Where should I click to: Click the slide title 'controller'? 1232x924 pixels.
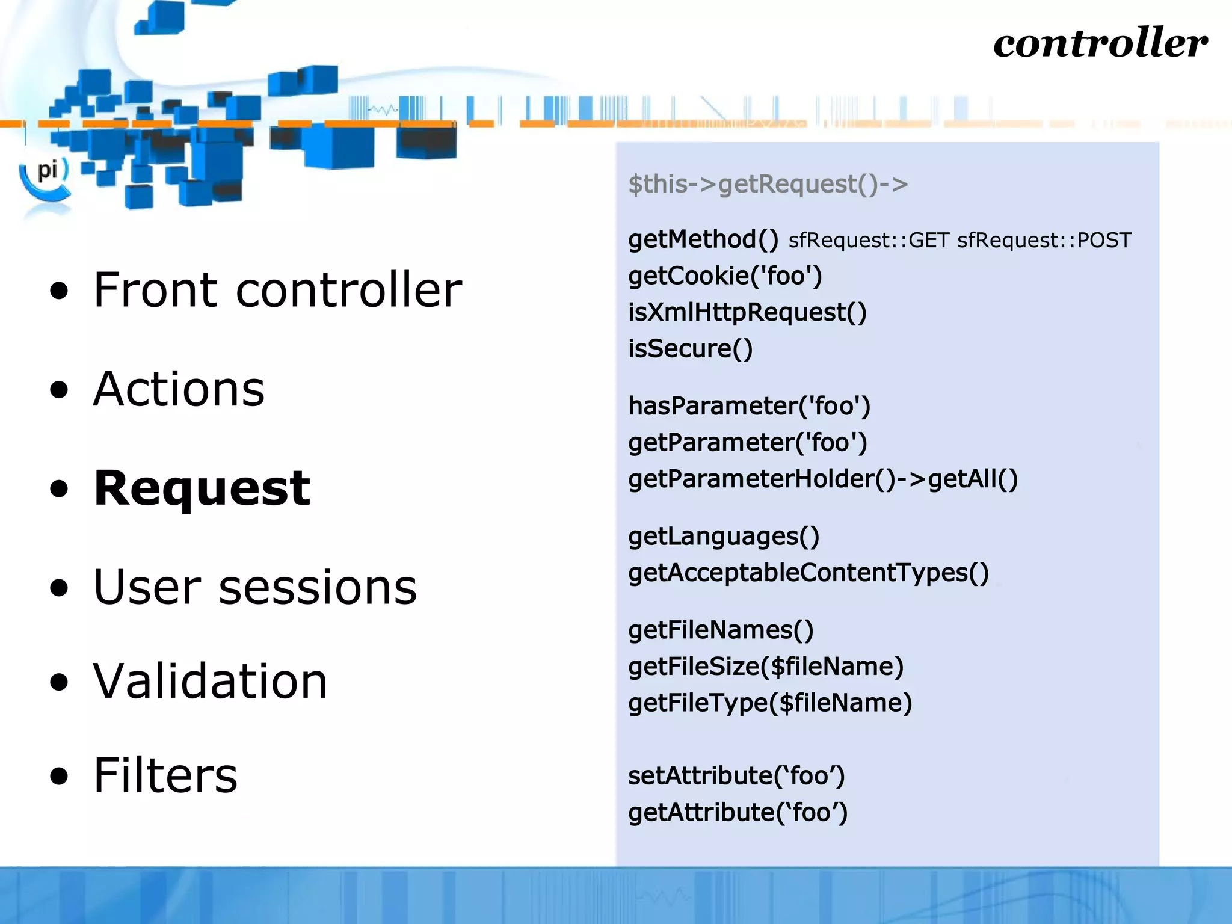click(1100, 43)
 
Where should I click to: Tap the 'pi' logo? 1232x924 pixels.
click(47, 171)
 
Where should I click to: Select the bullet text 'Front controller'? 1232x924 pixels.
click(277, 290)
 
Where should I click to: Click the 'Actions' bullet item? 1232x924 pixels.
click(179, 389)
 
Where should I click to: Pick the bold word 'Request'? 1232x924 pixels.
click(202, 488)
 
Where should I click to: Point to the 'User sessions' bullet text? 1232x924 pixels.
click(255, 587)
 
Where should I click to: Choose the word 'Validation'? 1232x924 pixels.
click(210, 681)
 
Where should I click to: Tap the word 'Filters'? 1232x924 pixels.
click(165, 775)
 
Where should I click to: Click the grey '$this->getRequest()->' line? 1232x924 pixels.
click(768, 184)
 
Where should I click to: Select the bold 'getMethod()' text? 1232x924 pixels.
click(703, 239)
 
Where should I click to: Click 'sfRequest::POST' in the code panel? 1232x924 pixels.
click(1044, 241)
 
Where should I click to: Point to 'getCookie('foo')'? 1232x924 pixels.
click(725, 276)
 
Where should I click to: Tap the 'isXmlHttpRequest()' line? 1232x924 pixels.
click(747, 313)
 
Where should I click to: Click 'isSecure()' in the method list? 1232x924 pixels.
click(690, 349)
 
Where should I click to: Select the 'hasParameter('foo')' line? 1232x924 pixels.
click(749, 406)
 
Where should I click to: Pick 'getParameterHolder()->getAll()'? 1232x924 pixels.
click(823, 479)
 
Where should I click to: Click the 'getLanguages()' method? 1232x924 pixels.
click(724, 537)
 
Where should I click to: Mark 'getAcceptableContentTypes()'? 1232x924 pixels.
click(808, 573)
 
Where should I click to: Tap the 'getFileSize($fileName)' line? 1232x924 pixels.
click(766, 667)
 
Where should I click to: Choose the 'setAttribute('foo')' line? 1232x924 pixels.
click(736, 776)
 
